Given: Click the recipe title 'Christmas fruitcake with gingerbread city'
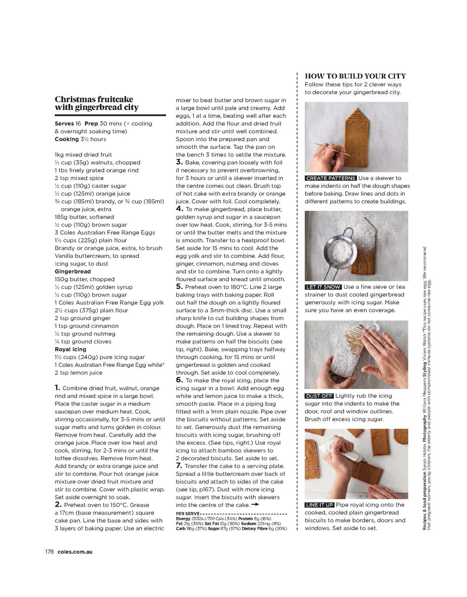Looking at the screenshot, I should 97,103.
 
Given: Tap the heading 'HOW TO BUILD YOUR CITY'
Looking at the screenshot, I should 355,76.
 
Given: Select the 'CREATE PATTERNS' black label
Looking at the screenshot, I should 331,178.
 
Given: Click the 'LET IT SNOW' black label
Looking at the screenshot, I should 323,287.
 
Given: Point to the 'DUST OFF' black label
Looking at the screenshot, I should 319,396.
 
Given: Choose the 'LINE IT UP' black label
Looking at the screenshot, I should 320,505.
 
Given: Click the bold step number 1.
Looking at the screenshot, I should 57,388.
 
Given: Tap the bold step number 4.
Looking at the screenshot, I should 179,209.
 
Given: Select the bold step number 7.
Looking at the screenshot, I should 179,466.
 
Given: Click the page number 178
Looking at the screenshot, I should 48,551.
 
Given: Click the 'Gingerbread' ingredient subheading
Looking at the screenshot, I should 73,271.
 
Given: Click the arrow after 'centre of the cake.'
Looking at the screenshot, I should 255,505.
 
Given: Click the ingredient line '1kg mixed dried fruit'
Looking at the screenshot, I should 83,155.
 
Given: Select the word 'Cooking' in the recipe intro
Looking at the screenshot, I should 67,139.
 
